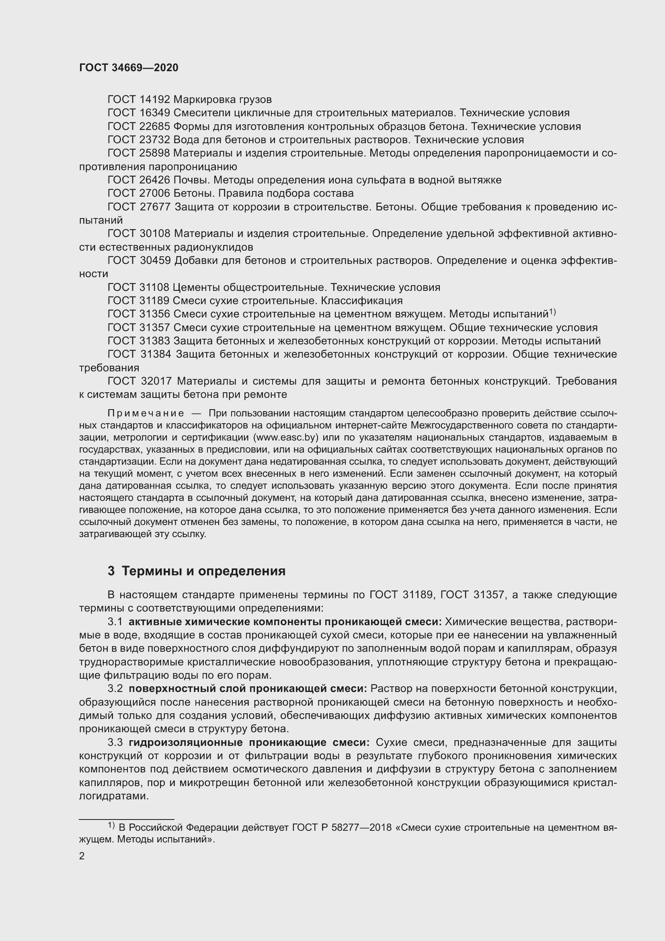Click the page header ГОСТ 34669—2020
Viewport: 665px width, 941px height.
point(129,68)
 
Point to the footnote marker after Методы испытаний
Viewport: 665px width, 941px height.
point(552,312)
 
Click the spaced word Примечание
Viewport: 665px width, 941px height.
point(146,413)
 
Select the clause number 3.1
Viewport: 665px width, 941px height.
point(115,622)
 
